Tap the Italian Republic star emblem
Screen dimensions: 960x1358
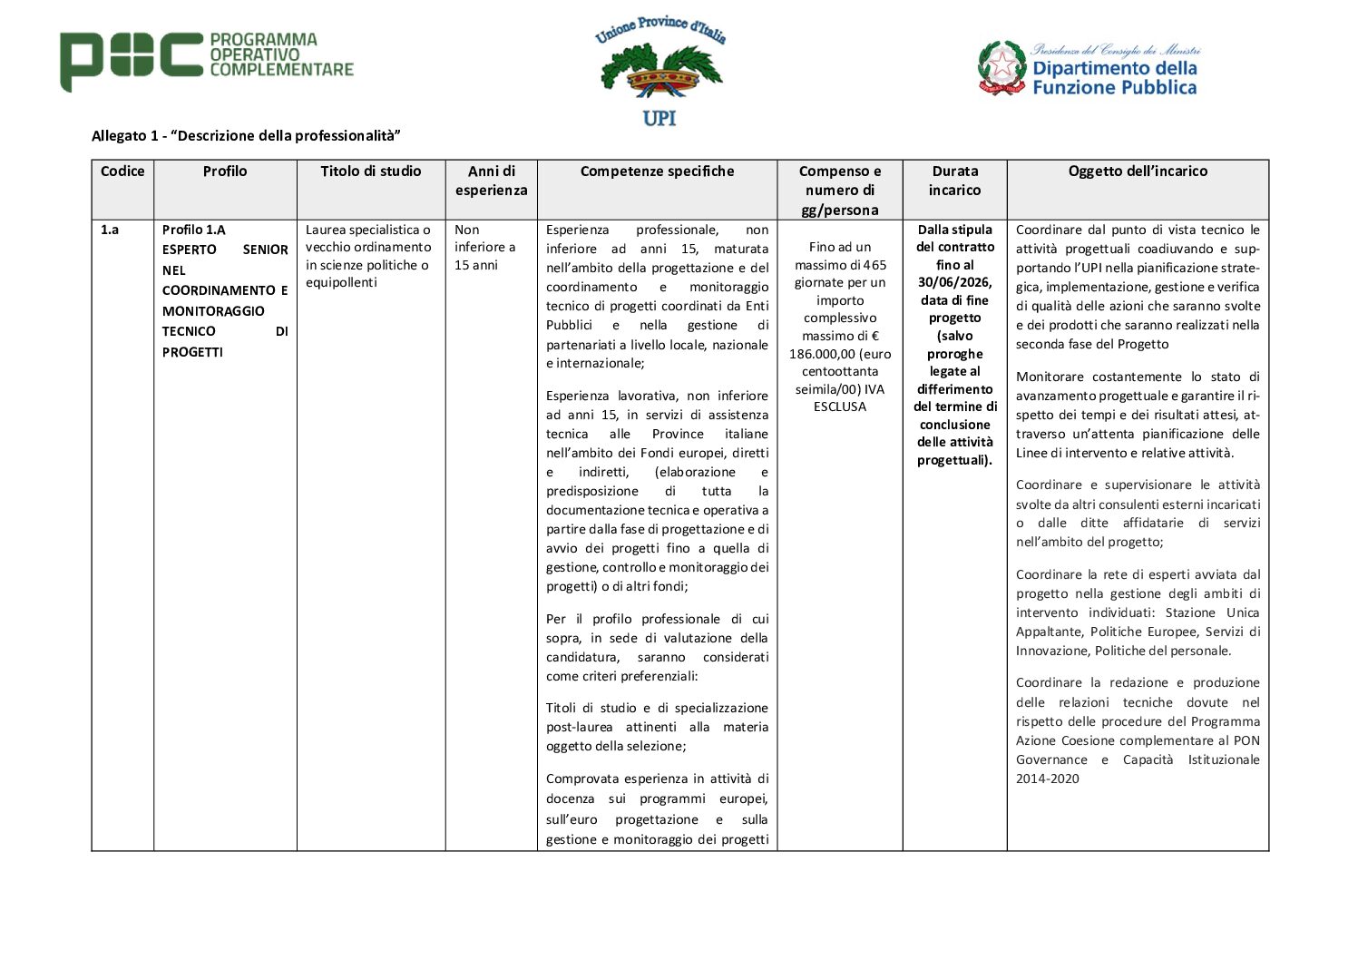(1001, 68)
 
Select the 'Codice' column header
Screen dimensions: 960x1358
(122, 171)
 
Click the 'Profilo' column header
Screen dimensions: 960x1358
(225, 171)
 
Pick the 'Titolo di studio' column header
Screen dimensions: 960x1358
(371, 171)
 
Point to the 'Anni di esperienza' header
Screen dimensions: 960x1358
(491, 181)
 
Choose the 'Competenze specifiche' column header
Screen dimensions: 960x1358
(657, 171)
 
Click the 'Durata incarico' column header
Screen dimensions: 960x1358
(954, 181)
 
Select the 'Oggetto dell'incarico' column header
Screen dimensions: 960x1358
(1138, 171)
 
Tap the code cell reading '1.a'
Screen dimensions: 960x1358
(110, 230)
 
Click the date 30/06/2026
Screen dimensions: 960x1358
(954, 282)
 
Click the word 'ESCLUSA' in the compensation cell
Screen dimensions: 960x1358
(840, 407)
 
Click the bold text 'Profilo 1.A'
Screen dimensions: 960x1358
(194, 230)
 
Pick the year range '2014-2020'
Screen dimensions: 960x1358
(1047, 779)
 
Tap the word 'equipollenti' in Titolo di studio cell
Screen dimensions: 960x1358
(341, 282)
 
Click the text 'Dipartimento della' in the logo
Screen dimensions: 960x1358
(1115, 68)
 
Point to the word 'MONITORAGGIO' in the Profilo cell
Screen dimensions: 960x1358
(213, 311)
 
